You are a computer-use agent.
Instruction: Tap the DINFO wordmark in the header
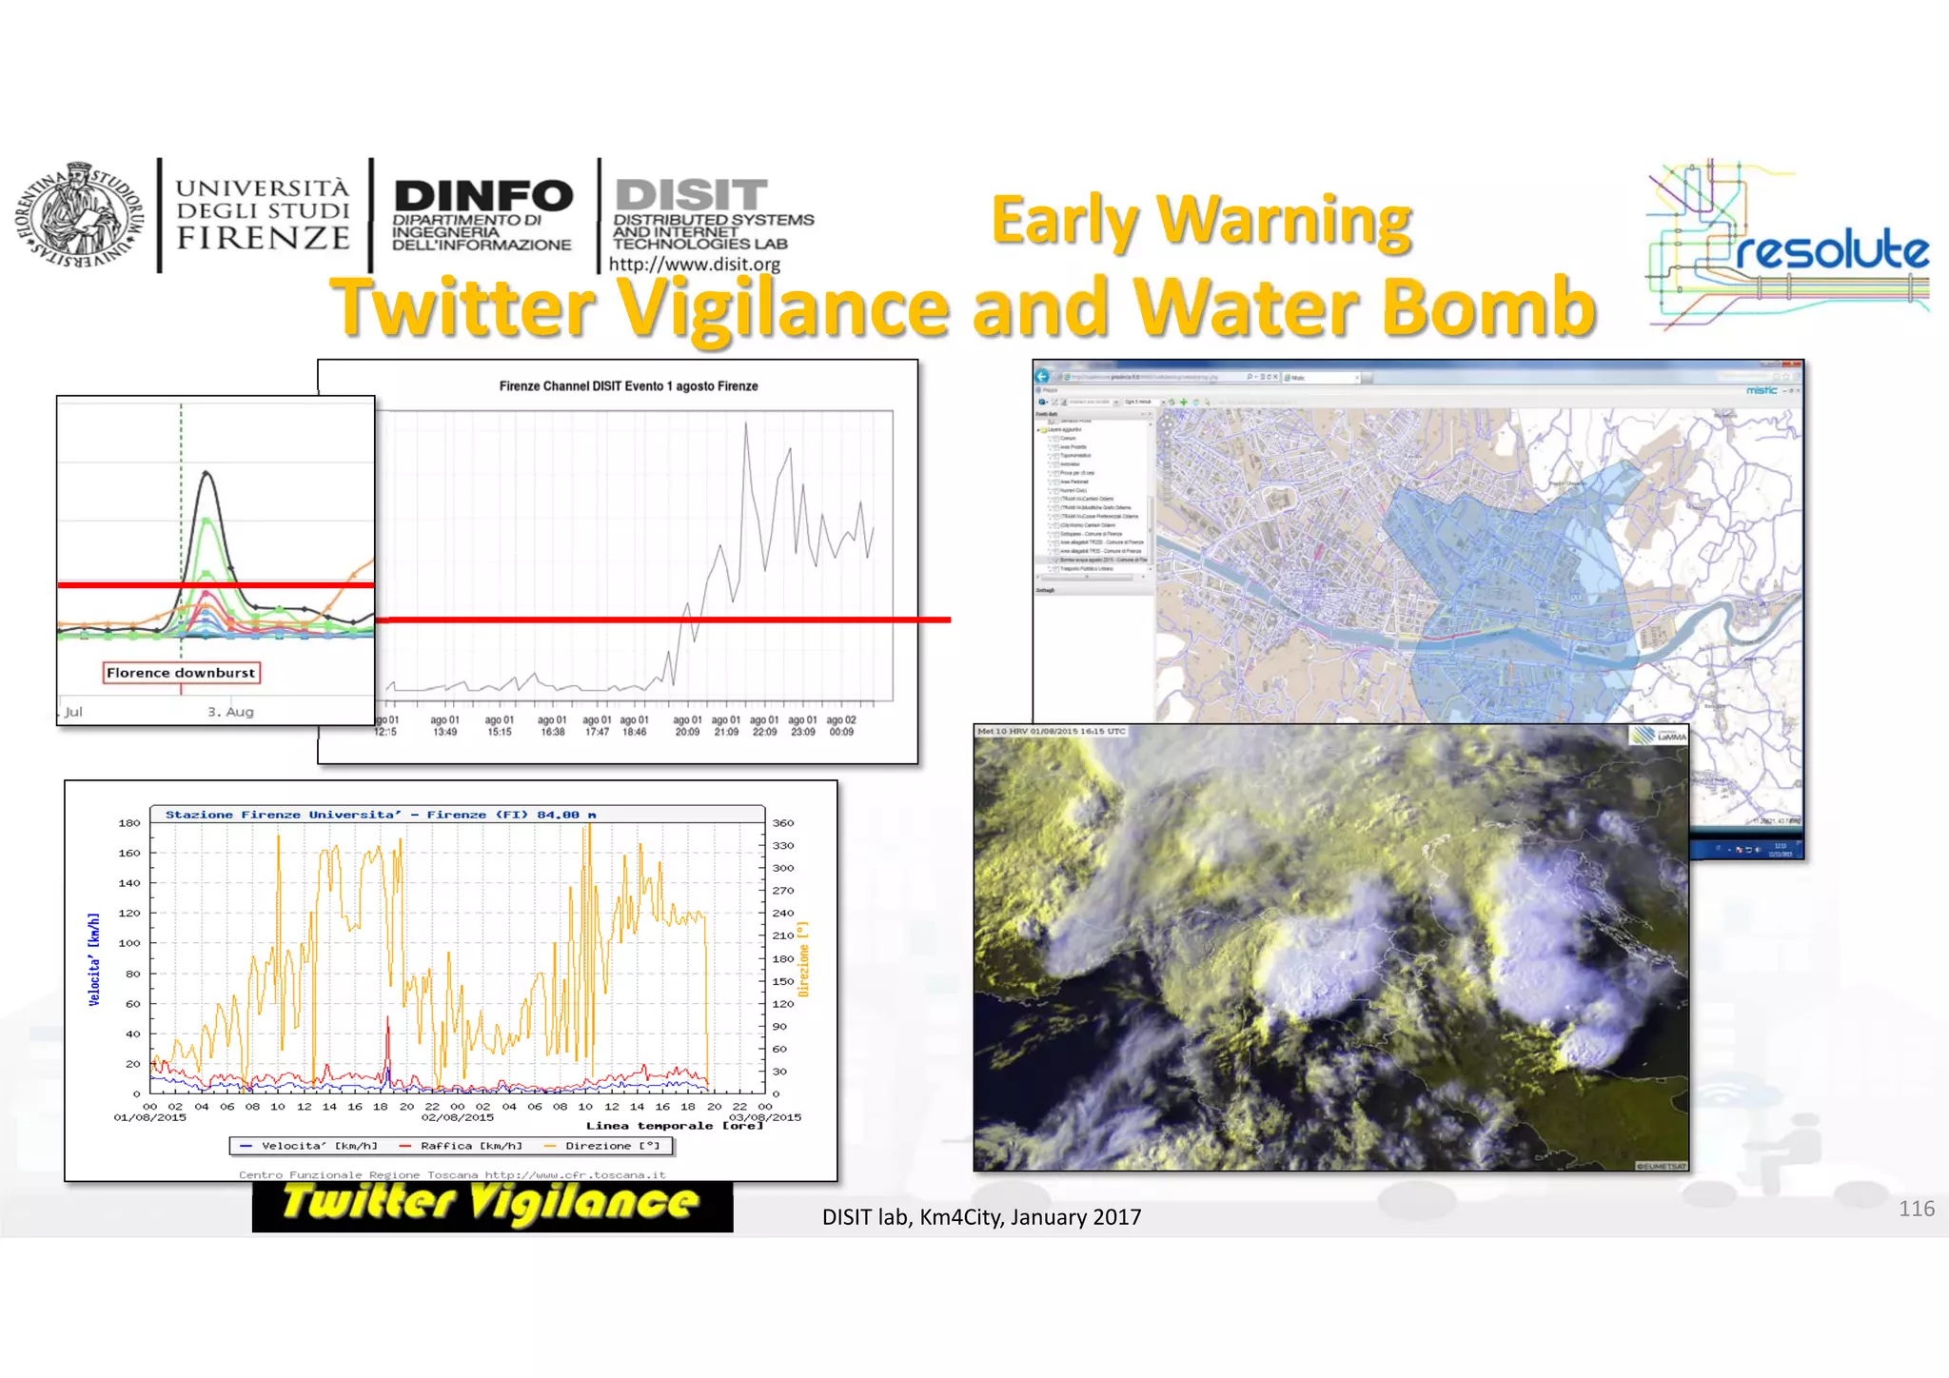(x=483, y=196)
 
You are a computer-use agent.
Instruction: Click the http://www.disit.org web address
(x=694, y=265)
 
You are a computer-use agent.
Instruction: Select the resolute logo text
(x=1832, y=251)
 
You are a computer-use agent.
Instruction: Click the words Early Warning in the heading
(x=1201, y=221)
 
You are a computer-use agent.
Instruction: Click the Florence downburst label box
(x=181, y=673)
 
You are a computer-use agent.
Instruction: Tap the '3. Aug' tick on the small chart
(x=230, y=712)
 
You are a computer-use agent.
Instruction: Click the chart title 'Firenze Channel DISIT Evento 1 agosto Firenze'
(x=628, y=386)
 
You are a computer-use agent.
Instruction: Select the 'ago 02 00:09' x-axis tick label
(x=841, y=726)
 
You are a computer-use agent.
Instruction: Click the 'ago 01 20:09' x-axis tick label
(x=687, y=726)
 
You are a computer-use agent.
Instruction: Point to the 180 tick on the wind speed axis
(x=129, y=823)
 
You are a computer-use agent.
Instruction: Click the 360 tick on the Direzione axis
(x=783, y=823)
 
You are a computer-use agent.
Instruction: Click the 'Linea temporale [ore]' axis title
(x=674, y=1126)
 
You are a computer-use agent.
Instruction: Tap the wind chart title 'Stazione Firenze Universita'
(x=381, y=815)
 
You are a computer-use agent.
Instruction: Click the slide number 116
(x=1916, y=1209)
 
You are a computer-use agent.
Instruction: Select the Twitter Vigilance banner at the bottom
(x=492, y=1204)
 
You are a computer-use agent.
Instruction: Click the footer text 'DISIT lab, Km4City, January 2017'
(x=981, y=1217)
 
